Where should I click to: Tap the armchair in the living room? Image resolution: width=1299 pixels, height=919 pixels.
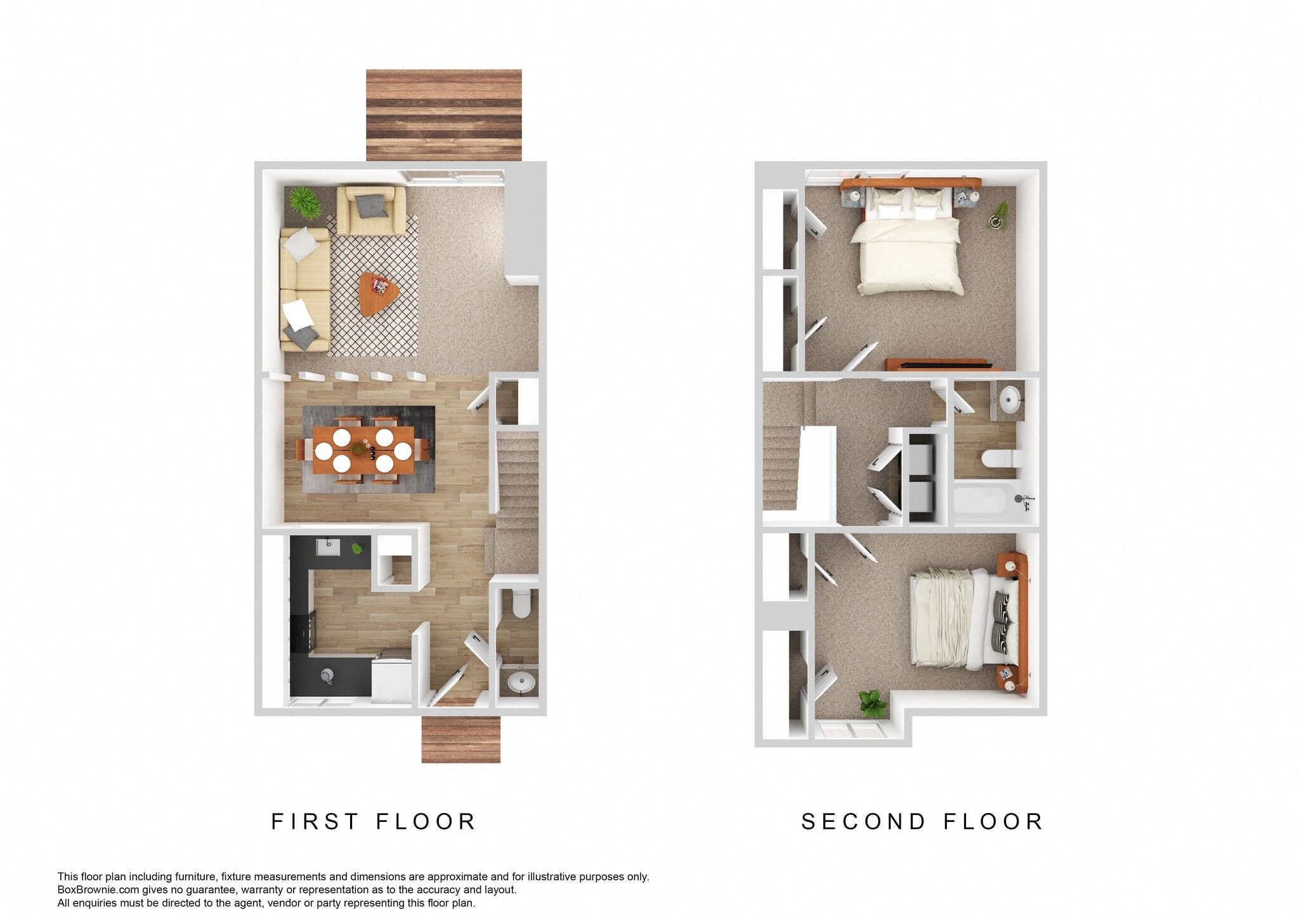370,209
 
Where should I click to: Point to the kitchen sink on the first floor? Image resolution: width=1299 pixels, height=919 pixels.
329,547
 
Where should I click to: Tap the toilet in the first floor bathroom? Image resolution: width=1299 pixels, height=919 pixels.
521,604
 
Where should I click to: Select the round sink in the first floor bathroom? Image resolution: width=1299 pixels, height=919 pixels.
521,684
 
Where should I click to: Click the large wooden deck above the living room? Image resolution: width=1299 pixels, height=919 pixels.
443,115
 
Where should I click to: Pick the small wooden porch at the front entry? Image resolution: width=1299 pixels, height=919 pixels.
460,739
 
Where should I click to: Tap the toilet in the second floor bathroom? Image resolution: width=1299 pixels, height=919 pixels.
998,458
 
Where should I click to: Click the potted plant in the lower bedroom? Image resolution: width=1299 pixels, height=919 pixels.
872,703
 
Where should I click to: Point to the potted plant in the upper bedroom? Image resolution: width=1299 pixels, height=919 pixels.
999,215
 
